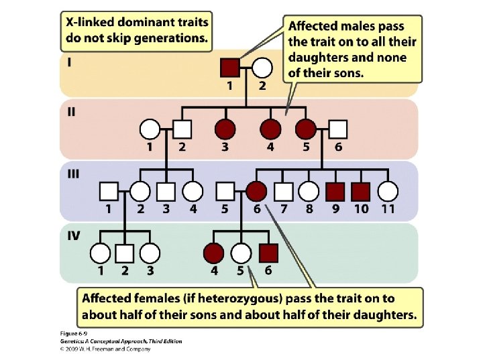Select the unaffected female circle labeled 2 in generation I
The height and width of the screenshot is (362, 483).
click(262, 67)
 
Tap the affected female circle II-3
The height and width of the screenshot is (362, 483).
click(225, 129)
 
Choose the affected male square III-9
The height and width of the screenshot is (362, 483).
click(335, 191)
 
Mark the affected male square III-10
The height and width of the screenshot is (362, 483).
click(361, 191)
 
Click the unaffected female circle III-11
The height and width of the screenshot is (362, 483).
click(387, 191)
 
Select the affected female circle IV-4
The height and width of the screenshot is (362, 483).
click(214, 253)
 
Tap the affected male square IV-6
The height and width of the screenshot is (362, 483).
click(268, 253)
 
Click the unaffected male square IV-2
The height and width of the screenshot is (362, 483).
click(125, 253)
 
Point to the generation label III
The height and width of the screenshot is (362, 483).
click(72, 174)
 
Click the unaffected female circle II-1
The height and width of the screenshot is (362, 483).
click(150, 129)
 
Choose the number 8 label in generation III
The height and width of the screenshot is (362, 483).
click(309, 209)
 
